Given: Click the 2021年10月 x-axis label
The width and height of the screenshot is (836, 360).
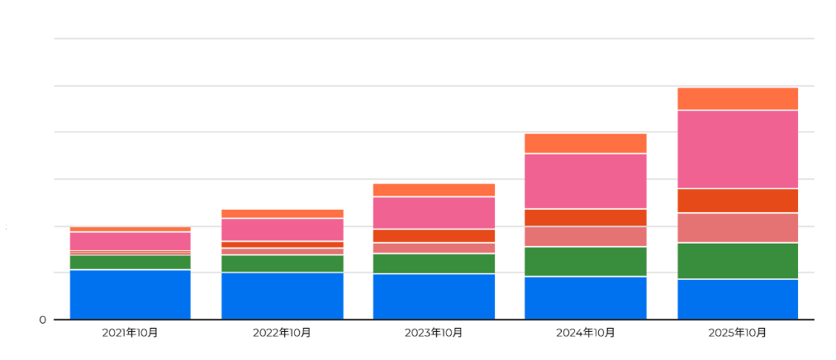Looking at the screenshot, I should tap(131, 333).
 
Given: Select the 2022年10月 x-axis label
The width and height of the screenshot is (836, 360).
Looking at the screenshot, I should tap(283, 333).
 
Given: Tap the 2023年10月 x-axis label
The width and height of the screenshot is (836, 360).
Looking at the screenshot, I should tap(434, 333).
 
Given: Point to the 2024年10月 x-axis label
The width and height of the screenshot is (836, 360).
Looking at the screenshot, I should tap(586, 333).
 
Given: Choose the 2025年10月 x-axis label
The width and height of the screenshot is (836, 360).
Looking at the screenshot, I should tap(738, 333).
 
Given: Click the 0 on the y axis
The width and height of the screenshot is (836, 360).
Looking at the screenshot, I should tap(42, 320).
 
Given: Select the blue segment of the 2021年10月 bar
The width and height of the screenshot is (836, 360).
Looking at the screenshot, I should tap(131, 294).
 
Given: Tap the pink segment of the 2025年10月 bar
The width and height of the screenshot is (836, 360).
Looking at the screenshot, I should tap(738, 149).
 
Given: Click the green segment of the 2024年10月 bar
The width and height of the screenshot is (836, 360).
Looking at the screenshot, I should tap(586, 261).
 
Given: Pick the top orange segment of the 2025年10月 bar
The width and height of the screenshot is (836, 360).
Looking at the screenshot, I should tap(738, 98).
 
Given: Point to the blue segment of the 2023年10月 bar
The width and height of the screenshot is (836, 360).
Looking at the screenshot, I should tap(434, 296).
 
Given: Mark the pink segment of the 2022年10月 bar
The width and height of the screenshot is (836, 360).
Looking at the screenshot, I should tap(283, 230).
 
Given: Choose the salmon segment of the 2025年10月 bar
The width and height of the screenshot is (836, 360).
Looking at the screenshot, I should tap(738, 228).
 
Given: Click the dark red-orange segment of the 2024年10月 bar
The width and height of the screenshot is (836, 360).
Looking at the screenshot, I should tap(586, 217).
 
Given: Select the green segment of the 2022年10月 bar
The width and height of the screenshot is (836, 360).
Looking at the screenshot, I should tap(283, 263).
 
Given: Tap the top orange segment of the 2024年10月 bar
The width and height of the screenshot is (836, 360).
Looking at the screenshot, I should tap(586, 143).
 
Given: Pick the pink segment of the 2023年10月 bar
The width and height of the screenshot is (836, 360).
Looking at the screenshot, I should tap(434, 212).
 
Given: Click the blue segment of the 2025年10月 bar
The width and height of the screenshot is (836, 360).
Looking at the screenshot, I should tap(738, 299).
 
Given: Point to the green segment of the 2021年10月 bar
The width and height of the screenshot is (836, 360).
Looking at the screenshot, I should tap(131, 262).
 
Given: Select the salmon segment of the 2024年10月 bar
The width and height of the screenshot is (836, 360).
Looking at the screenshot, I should tap(586, 236).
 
